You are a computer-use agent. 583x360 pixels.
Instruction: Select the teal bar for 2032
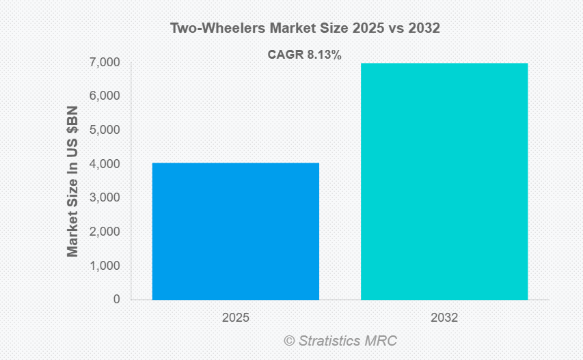444,181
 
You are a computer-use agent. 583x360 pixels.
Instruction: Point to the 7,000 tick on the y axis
105,63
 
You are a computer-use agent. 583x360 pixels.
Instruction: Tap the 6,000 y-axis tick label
105,96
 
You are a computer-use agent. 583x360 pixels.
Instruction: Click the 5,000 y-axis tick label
105,130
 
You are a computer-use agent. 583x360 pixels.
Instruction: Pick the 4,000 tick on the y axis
105,164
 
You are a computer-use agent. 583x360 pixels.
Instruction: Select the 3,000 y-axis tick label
105,198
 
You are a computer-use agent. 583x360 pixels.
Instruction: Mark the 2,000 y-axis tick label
105,232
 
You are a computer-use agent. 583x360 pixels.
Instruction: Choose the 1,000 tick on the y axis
105,266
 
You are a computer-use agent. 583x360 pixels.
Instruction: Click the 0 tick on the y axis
116,299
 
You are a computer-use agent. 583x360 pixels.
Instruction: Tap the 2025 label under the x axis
235,318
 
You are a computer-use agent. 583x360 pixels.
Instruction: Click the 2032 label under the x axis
444,318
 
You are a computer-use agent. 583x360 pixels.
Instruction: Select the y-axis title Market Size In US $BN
72,181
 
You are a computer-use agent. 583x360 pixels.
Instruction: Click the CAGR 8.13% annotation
304,55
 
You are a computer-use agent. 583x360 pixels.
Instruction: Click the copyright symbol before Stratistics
289,340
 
